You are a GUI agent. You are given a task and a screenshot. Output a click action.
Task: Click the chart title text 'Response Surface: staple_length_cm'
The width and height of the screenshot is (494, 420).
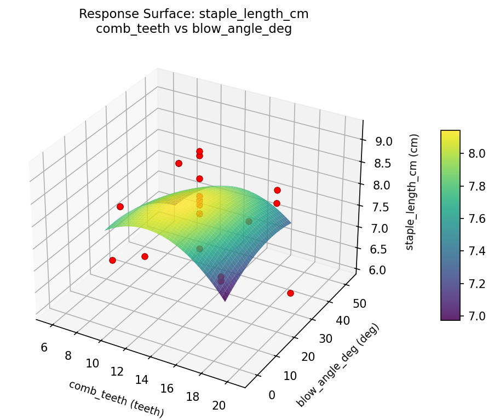[x=193, y=14]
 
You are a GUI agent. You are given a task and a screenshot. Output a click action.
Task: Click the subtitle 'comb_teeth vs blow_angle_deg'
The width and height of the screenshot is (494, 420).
[x=193, y=30]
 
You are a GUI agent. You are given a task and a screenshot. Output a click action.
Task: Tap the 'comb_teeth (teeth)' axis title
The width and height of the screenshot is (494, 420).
[x=116, y=399]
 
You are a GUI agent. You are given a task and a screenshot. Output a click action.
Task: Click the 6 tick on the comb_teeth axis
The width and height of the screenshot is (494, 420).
[x=44, y=347]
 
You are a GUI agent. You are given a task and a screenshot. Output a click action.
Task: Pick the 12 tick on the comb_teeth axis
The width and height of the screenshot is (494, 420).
[x=117, y=372]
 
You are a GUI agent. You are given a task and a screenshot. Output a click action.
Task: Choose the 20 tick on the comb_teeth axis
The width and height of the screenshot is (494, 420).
[x=219, y=406]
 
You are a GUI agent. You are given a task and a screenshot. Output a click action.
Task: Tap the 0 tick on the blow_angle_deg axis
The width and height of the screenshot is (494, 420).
[x=272, y=395]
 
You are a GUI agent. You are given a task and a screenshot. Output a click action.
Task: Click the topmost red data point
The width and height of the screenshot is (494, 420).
[x=199, y=151]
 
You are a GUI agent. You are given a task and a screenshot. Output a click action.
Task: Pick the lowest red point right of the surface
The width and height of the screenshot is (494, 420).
[x=290, y=294]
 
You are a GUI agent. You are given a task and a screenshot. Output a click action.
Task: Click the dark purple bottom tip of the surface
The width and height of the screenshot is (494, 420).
[x=225, y=298]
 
